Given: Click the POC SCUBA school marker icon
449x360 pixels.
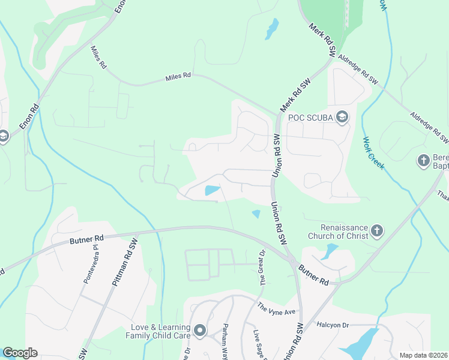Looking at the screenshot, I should (x=342, y=116).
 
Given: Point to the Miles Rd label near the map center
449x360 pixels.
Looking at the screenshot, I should (x=178, y=76).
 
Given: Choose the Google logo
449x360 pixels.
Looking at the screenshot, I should (x=20, y=353).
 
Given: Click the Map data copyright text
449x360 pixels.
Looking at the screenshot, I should (x=424, y=355).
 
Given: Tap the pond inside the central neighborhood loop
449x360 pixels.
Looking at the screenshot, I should (x=212, y=191).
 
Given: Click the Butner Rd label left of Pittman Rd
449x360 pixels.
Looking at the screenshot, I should (x=87, y=238).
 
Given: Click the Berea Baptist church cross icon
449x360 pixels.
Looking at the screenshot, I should (x=424, y=161).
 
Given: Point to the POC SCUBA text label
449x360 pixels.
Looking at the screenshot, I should (x=310, y=117).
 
